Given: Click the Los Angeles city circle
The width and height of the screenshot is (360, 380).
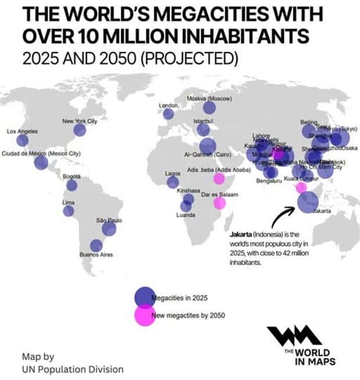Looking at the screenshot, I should (x=22, y=140).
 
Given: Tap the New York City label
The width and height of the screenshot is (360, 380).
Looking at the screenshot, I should (x=79, y=121).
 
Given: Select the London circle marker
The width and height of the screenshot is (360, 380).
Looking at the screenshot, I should (x=168, y=114).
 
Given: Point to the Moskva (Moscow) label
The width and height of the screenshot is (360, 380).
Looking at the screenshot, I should (x=209, y=99).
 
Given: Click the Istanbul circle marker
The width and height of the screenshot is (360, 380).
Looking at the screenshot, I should (x=203, y=129).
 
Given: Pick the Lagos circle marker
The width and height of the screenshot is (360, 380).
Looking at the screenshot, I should (x=172, y=182).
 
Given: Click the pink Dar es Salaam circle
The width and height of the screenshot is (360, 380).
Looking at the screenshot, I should (x=219, y=203).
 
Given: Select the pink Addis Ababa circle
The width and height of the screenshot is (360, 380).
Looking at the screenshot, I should (x=219, y=178).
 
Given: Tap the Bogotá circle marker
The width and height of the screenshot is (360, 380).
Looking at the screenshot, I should (x=71, y=185).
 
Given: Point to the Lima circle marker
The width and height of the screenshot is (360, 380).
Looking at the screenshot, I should (x=69, y=211).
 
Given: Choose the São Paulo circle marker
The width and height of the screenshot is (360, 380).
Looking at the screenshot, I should (x=109, y=229).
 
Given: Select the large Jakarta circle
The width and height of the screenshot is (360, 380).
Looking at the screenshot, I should (x=308, y=202).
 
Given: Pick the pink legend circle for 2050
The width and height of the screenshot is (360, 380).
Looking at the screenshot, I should (x=144, y=316).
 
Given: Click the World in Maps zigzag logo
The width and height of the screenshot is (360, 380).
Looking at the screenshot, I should (x=294, y=337).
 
